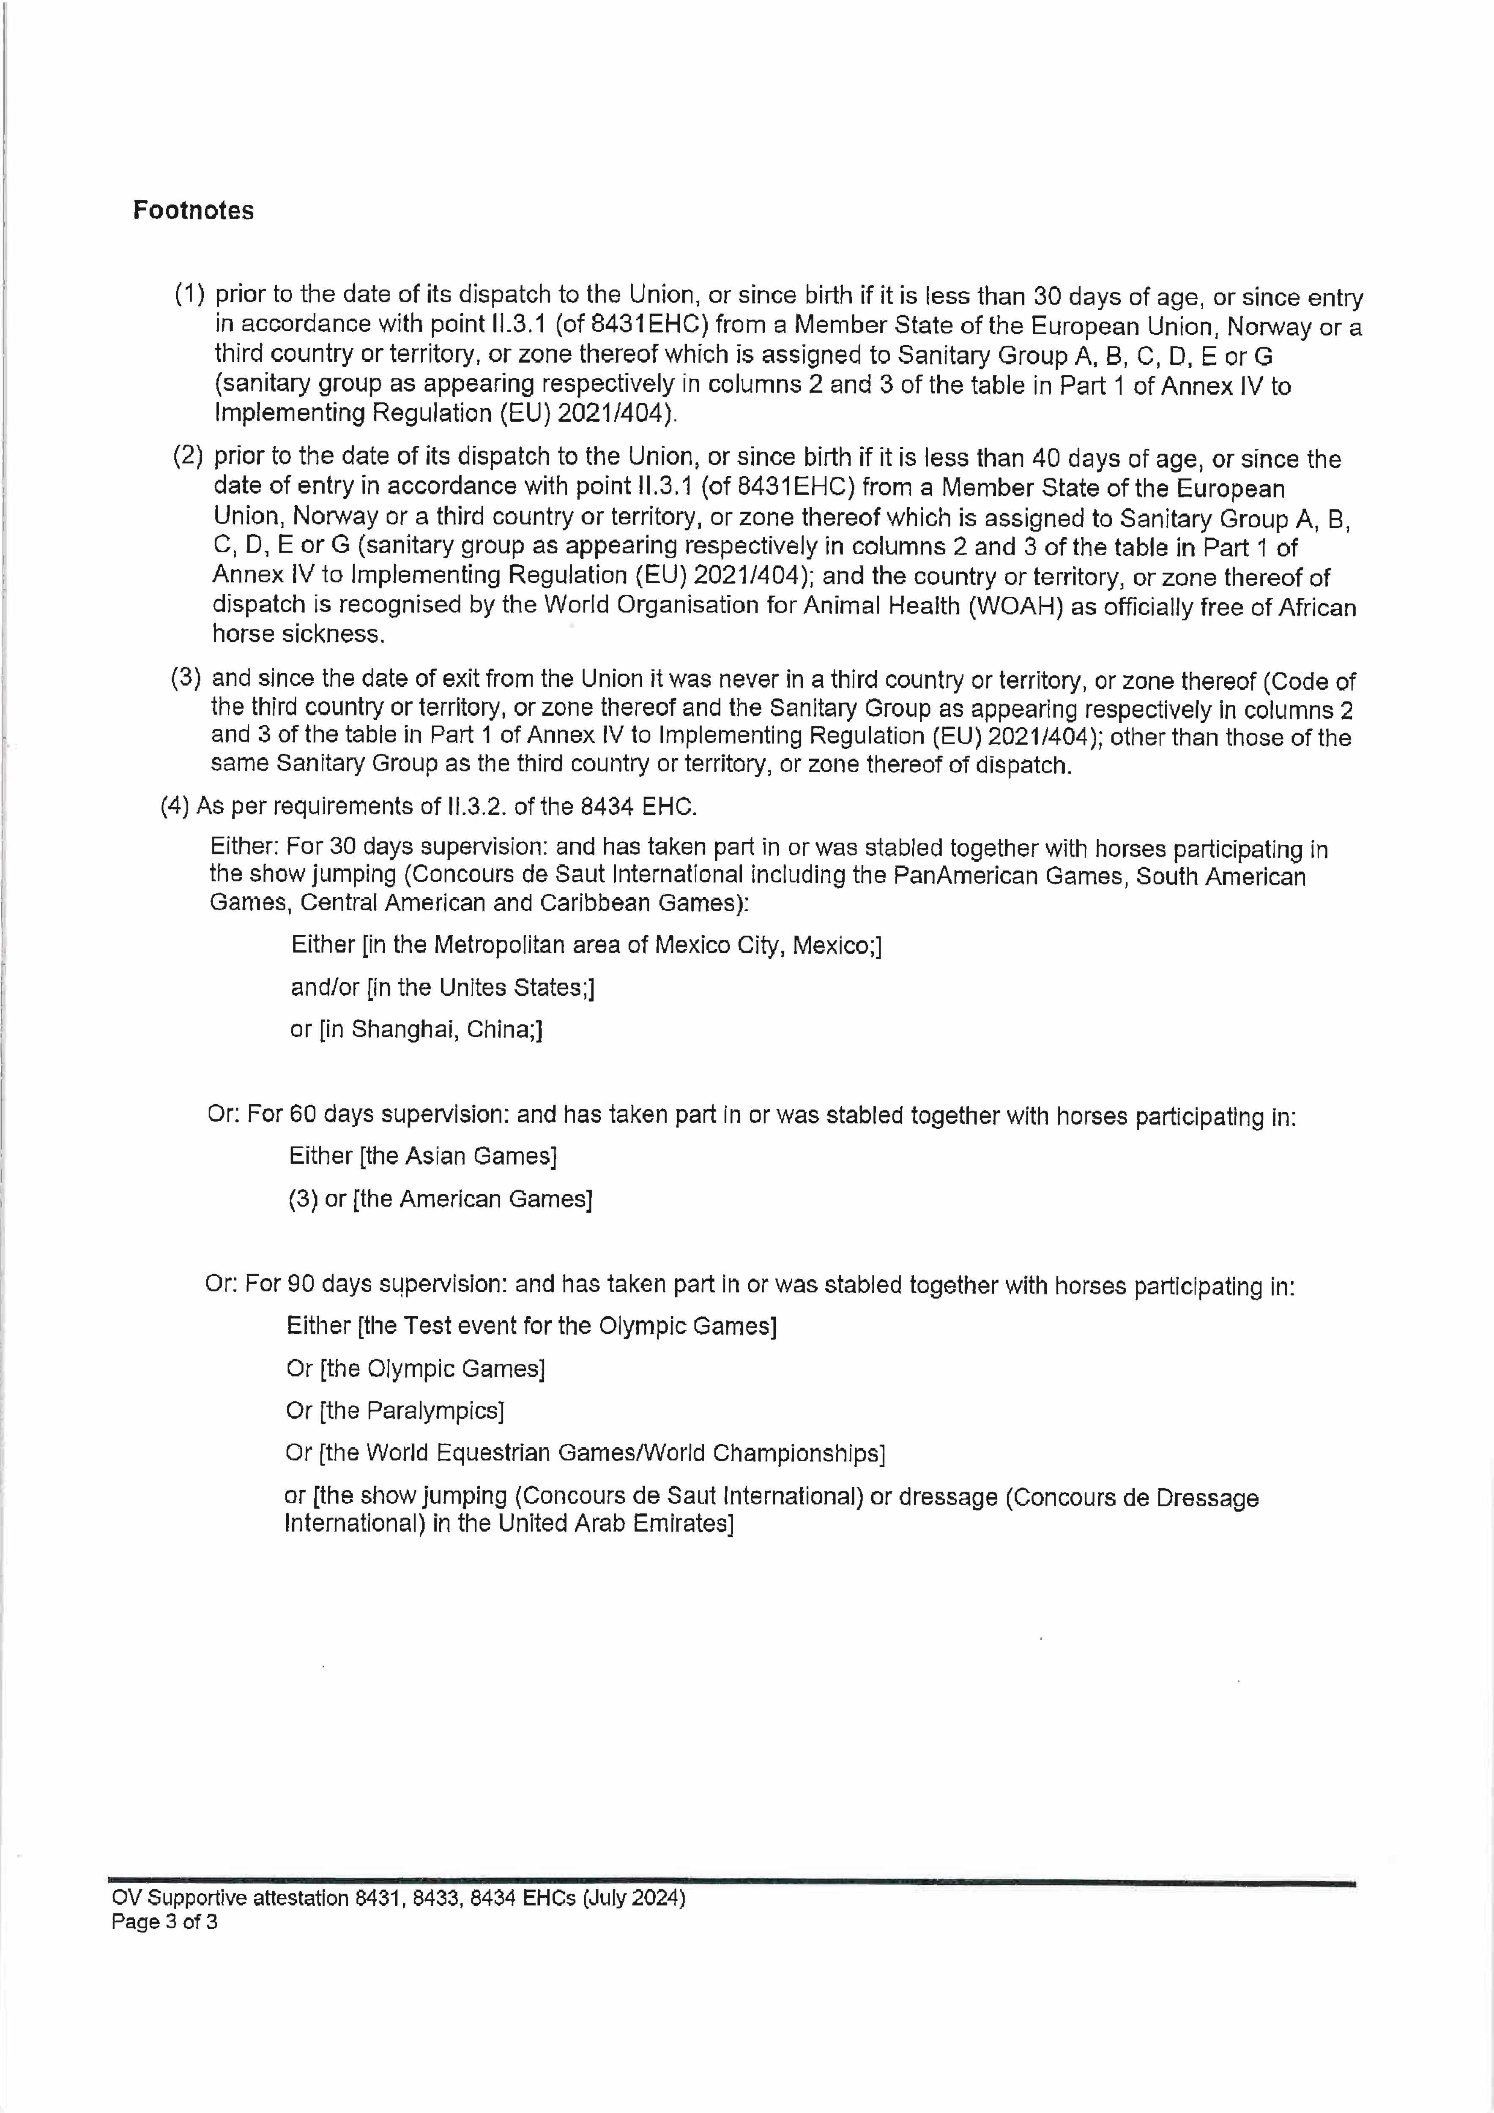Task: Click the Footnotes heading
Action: tap(193, 211)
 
